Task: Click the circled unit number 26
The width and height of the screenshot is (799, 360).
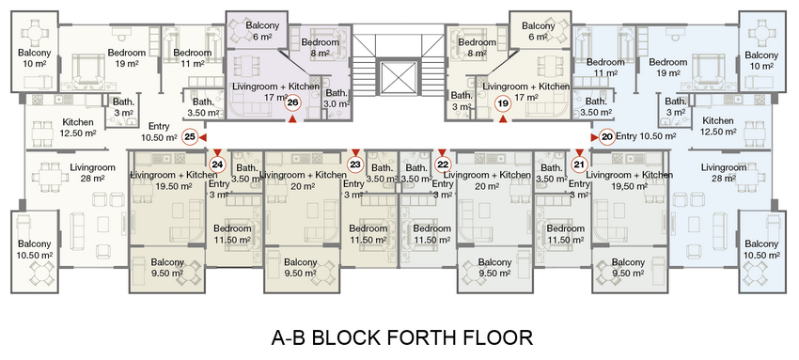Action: coord(292,103)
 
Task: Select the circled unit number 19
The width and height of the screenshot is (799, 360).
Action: coord(503,104)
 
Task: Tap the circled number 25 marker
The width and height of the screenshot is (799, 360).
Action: coord(190,137)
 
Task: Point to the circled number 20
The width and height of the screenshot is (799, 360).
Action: coord(607,137)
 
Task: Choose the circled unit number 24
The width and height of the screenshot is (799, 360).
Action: coord(217,164)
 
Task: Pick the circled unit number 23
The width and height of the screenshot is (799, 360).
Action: coord(355,164)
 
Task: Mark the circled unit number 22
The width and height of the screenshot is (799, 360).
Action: coord(443,164)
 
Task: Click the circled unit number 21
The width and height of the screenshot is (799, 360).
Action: coord(579,164)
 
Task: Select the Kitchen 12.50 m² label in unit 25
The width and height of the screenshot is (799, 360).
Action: coord(77,128)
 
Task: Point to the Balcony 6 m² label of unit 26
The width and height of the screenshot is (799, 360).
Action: coord(262,31)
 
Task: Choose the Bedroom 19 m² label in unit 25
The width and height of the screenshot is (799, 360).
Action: coord(127,58)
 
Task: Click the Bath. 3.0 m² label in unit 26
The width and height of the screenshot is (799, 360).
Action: coord(337,99)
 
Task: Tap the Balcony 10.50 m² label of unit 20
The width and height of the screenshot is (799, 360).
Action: coord(761,249)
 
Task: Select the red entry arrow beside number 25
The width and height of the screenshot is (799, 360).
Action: coord(203,137)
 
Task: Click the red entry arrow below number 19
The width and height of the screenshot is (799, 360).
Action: coord(503,119)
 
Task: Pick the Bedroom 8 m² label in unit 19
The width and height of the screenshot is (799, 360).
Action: coord(477,48)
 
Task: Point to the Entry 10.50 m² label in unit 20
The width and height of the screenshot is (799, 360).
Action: coord(646,136)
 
